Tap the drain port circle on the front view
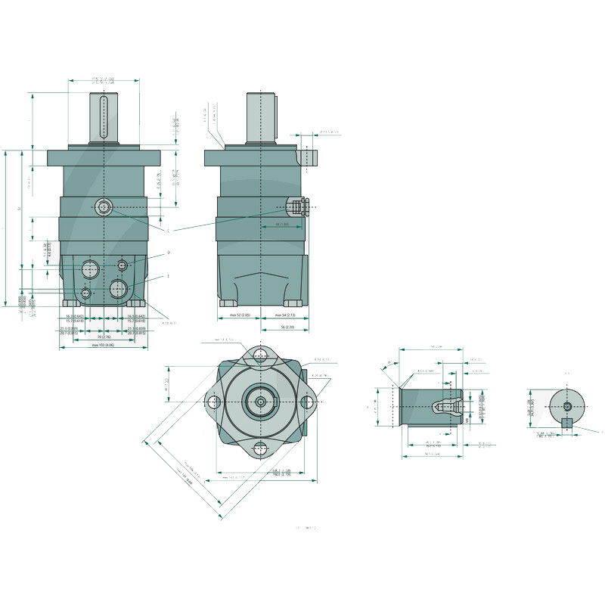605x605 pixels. pos(104,206)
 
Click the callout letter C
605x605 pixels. pos(168,229)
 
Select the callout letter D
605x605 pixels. pos(168,253)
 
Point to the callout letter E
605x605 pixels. pos(168,276)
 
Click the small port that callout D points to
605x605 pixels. pos(123,265)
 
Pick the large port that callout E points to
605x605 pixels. pos(118,288)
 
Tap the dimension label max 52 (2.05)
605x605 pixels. pos(240,315)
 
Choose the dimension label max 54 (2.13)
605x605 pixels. pos(284,315)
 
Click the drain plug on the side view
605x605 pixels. pos(299,206)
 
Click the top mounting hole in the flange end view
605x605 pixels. pos(262,355)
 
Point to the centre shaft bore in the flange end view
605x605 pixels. pos(262,402)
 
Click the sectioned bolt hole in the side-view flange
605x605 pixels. pos(309,157)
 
